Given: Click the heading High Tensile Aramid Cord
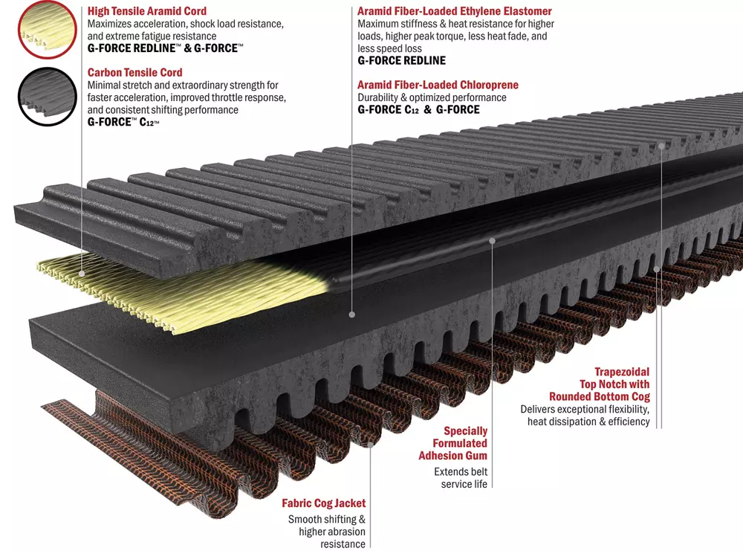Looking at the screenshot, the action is [147, 11].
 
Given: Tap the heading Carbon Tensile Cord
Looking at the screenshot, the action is [134, 73].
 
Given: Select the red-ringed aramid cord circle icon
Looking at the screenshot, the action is [48, 30].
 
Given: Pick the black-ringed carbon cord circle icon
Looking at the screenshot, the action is [48, 97].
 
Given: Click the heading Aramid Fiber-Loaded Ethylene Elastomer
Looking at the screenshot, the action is [455, 11].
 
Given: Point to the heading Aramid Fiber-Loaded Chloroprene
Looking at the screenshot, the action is [438, 85].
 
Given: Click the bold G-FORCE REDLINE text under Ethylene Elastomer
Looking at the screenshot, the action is [402, 61].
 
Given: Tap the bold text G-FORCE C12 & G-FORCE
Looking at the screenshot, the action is [418, 110].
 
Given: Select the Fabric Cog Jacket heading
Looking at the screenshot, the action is [324, 503].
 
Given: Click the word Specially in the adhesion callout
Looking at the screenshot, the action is [465, 431].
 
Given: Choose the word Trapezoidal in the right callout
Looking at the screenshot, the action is [622, 372].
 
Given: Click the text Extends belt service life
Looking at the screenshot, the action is [461, 478].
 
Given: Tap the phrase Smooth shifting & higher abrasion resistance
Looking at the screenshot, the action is [327, 532].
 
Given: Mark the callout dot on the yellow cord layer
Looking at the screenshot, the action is [82, 274].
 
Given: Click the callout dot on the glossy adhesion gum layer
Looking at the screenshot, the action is [493, 241].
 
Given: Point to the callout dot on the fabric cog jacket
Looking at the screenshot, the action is [371, 445].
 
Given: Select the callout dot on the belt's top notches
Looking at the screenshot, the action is [661, 146].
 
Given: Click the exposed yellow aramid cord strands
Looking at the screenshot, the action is [185, 289].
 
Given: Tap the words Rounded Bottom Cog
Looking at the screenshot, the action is [600, 396].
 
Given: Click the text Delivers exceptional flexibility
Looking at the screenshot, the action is [585, 409].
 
